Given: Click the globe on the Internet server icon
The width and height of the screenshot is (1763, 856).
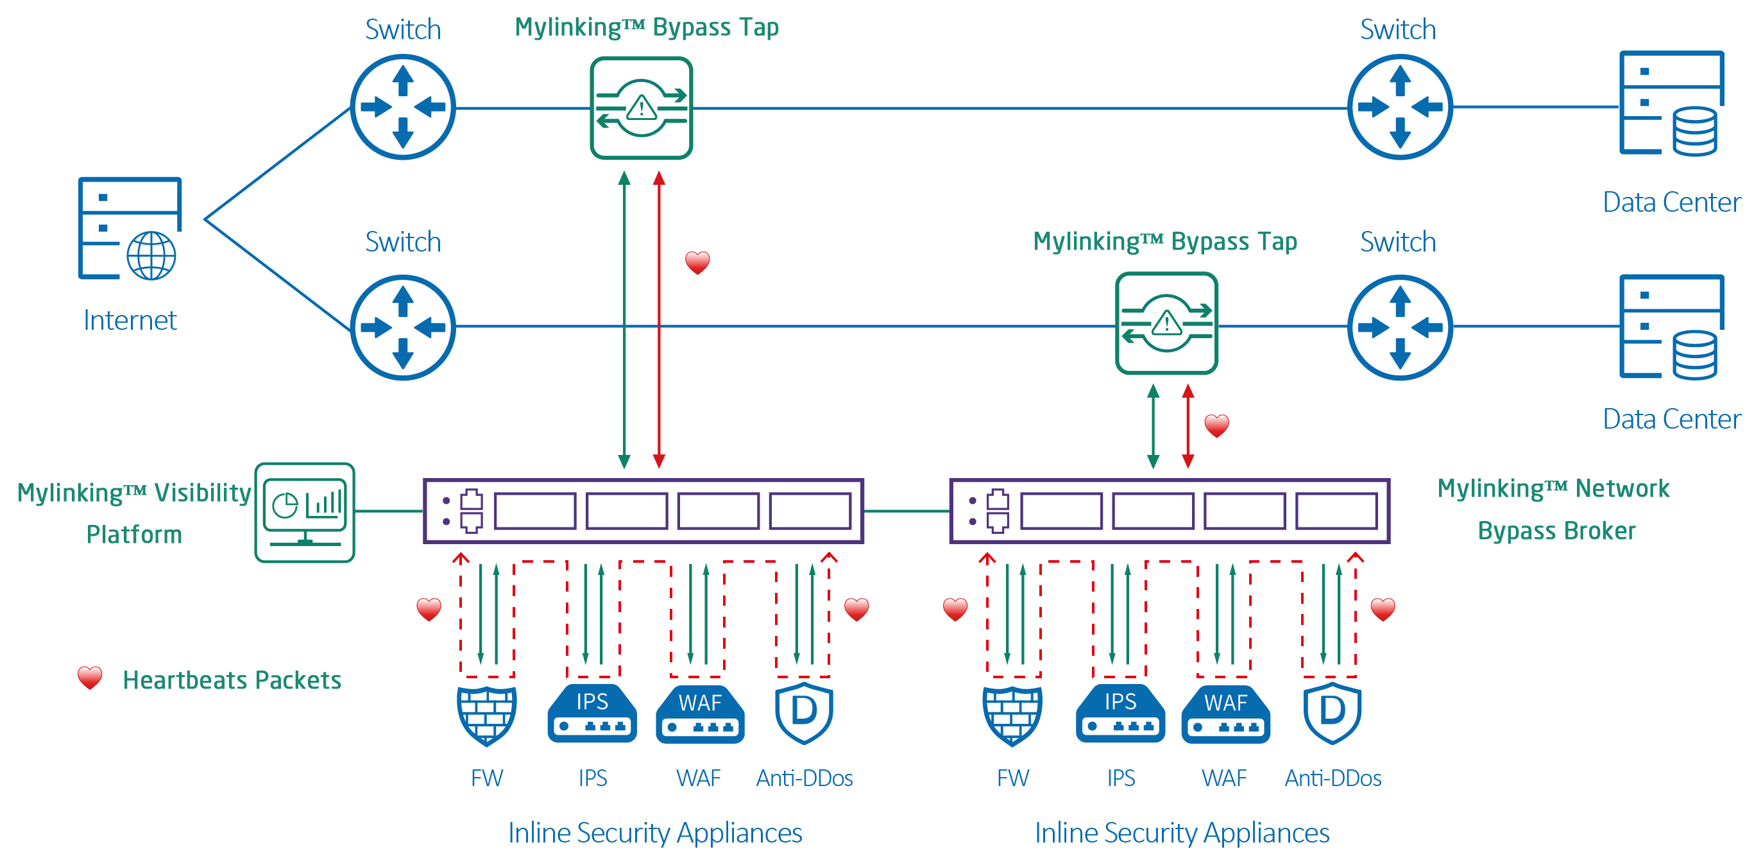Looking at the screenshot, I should (x=151, y=256).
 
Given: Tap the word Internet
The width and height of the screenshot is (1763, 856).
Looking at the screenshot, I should (x=130, y=320).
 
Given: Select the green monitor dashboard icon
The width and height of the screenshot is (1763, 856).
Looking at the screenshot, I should (x=305, y=512).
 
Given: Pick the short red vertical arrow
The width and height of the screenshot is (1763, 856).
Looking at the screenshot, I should (x=1188, y=426).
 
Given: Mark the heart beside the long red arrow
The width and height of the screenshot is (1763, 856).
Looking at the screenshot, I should (x=697, y=262).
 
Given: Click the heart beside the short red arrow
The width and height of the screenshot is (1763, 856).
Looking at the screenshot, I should (x=1216, y=425).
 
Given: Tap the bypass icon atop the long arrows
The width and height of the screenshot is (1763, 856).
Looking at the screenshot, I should (x=642, y=108).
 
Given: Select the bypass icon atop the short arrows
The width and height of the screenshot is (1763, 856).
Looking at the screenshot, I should (x=1166, y=323).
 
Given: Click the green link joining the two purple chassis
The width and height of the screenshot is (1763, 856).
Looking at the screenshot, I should (x=907, y=510).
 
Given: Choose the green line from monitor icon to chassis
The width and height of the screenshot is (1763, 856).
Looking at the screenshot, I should (x=389, y=510).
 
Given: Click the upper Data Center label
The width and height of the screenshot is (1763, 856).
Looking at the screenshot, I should (x=1671, y=203).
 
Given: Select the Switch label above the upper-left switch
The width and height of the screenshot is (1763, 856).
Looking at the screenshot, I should (x=402, y=30).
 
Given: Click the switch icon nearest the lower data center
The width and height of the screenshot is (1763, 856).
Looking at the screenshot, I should (x=1400, y=327).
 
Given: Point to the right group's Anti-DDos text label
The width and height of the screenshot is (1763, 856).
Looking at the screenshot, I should (x=1333, y=778).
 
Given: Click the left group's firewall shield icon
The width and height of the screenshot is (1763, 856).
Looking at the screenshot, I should (x=486, y=714).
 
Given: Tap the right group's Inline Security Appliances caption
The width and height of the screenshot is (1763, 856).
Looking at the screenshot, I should (x=1181, y=833).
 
